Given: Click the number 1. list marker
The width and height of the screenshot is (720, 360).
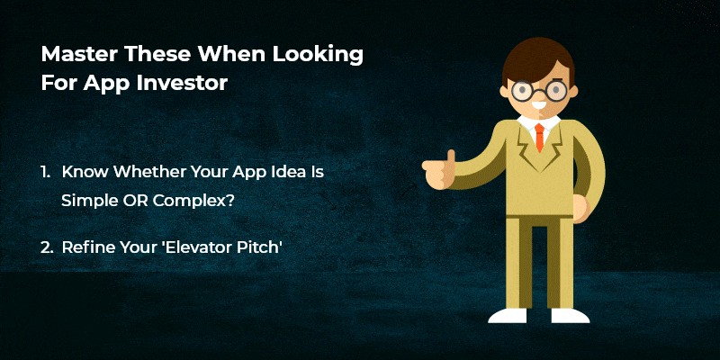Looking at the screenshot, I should (x=46, y=172).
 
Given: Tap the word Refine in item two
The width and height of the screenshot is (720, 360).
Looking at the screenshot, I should (x=86, y=245).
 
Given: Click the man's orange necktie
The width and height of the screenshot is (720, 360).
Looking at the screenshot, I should (x=539, y=134).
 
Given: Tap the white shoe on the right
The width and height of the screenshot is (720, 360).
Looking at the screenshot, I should (x=568, y=316).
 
